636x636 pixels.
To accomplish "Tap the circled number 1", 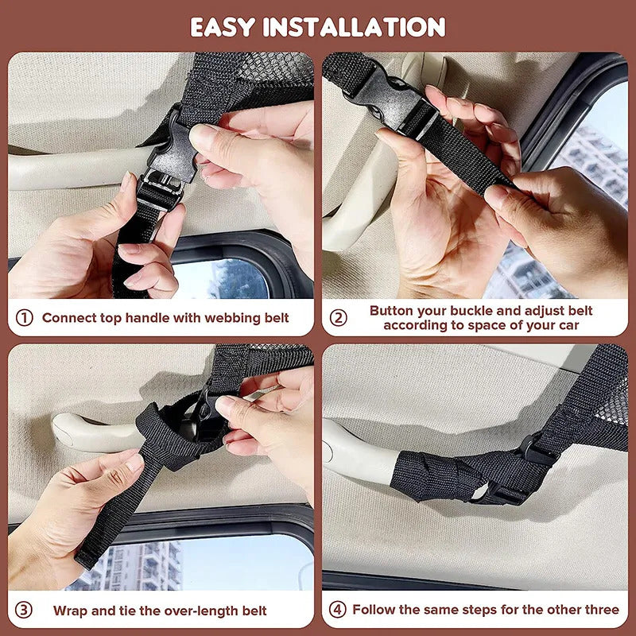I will (25, 318).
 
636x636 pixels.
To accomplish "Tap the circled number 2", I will (339, 318).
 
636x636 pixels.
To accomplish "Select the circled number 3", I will (25, 611).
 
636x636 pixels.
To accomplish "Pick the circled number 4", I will (339, 610).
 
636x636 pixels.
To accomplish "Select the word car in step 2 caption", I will (565, 325).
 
